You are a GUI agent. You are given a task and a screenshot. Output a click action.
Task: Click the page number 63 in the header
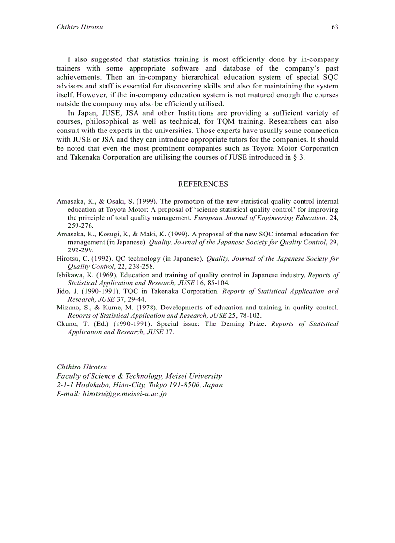[x=334, y=27]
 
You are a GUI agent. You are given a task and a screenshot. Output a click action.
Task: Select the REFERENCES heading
[x=203, y=184]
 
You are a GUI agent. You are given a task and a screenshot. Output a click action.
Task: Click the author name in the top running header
[x=79, y=27]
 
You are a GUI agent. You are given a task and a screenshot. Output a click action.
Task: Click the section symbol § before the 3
[x=296, y=158]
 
